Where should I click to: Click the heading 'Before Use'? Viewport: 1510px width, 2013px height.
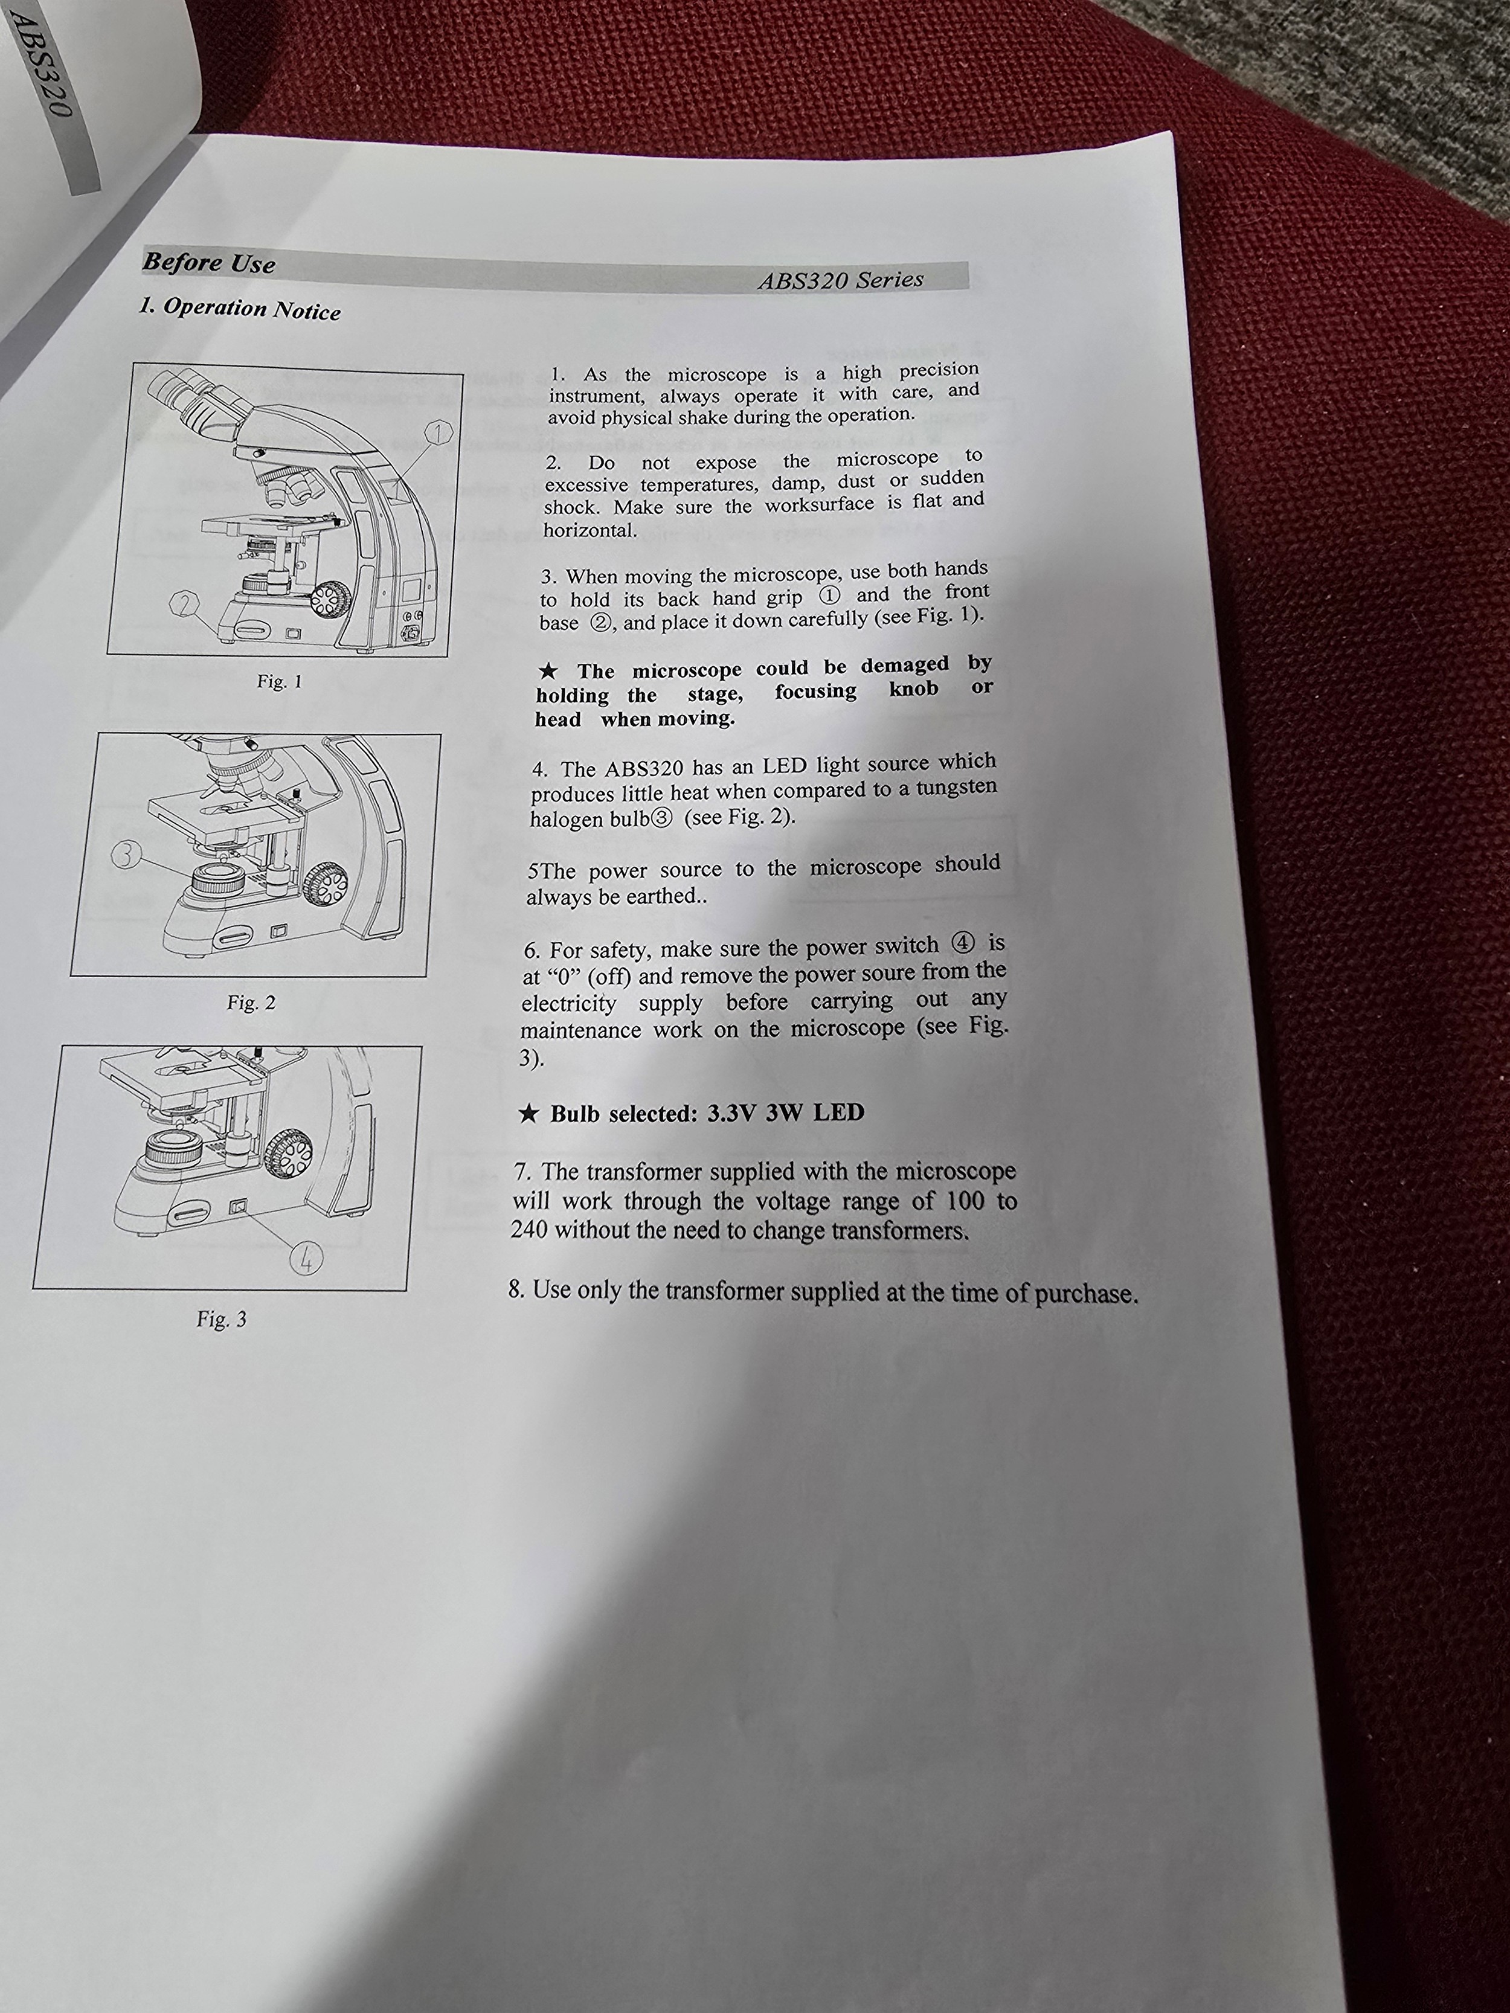pyautogui.click(x=208, y=263)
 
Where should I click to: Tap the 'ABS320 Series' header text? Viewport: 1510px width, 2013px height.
pyautogui.click(x=840, y=280)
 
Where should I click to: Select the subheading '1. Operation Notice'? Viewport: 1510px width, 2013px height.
pyautogui.click(x=239, y=309)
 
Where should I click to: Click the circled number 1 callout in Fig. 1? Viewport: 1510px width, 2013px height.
pyautogui.click(x=440, y=433)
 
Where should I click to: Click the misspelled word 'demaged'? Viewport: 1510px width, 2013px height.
pyautogui.click(x=905, y=665)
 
